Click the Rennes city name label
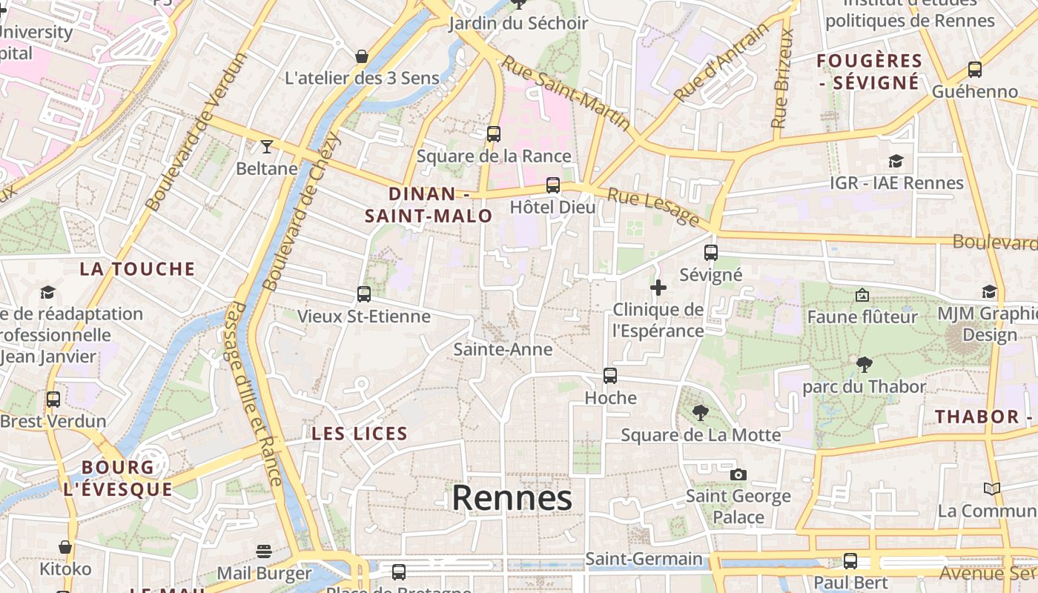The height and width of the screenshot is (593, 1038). (x=512, y=498)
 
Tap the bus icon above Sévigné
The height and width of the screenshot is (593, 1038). (x=711, y=252)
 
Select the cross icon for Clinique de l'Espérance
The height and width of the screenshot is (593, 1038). (x=658, y=287)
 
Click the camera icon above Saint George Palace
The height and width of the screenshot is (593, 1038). (x=738, y=474)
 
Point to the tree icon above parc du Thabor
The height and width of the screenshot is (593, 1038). (x=864, y=364)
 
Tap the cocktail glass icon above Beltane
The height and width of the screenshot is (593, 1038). (x=266, y=146)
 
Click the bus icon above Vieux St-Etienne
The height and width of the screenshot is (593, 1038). (x=363, y=294)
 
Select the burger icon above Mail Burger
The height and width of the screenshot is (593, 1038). (x=264, y=551)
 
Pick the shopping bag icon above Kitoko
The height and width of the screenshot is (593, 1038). (x=65, y=547)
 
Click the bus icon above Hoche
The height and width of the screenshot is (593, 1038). (x=610, y=376)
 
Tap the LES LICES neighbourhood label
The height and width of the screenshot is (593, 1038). (x=360, y=434)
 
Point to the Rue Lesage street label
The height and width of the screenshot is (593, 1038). (x=653, y=207)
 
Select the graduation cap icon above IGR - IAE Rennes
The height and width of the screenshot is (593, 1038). (x=896, y=161)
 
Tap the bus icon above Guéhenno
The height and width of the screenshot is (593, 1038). (x=974, y=70)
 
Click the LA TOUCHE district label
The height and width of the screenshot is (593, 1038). (x=137, y=269)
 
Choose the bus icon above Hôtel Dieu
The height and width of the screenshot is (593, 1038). (x=553, y=185)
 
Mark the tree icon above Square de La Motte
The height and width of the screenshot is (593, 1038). (x=700, y=413)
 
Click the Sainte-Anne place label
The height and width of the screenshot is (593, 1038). (x=503, y=349)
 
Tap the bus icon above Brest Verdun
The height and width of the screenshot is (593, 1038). (x=53, y=400)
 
